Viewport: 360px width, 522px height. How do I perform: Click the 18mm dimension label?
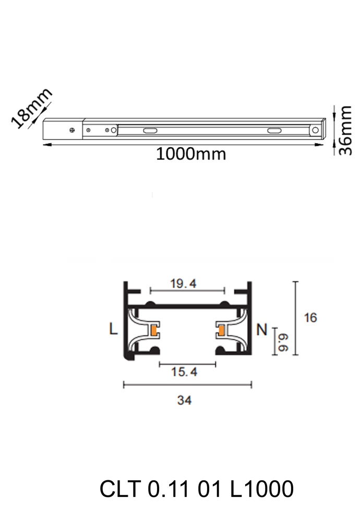[x=32, y=108]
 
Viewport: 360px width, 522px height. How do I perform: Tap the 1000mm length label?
[x=191, y=154]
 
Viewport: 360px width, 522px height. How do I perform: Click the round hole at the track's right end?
[x=315, y=130]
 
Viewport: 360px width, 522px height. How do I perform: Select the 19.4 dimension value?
[x=183, y=284]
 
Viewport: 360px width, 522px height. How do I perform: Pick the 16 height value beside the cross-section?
[x=310, y=317]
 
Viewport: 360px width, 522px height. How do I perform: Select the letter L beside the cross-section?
[x=113, y=329]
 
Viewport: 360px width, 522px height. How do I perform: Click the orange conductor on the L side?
[x=154, y=330]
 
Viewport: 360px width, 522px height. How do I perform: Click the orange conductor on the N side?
[x=221, y=330]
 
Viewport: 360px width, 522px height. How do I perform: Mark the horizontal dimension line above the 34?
[x=187, y=385]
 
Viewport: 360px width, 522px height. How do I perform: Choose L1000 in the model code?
[x=262, y=490]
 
